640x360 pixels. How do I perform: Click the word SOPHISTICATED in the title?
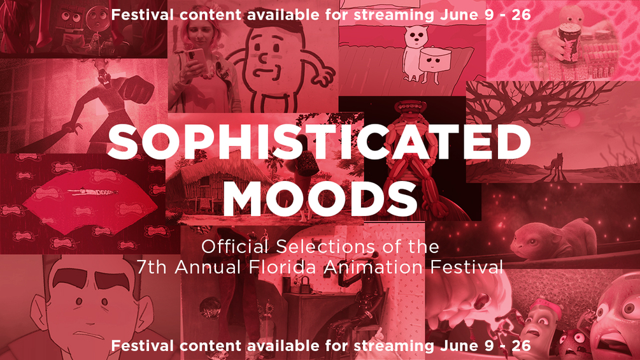coord(319,141)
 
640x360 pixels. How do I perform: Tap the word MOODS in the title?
coord(320,198)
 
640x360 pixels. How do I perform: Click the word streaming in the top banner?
coord(394,15)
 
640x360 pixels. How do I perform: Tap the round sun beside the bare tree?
coord(572,120)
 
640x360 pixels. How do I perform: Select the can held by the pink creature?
coord(569,40)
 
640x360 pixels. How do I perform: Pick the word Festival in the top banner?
coord(143,15)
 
